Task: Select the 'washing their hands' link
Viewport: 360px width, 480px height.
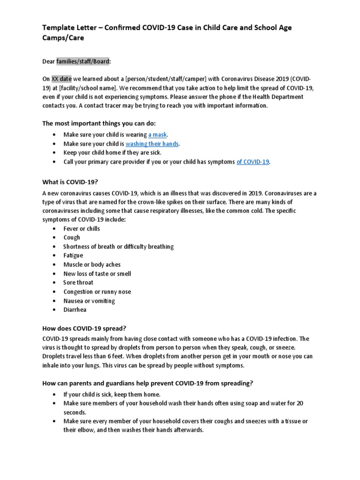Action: click(152, 144)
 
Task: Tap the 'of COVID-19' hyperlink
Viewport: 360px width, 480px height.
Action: click(253, 162)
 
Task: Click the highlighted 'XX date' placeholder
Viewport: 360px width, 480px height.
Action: click(61, 79)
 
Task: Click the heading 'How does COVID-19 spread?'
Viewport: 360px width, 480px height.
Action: click(82, 330)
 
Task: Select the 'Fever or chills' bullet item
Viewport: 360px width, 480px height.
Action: click(82, 229)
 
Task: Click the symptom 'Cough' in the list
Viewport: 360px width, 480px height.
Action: click(72, 238)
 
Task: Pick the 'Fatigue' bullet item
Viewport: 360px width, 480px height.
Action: click(73, 255)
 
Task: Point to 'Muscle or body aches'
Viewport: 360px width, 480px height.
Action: click(92, 264)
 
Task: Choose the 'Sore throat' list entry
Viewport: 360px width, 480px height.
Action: click(78, 283)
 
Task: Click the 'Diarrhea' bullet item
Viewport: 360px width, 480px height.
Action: click(75, 310)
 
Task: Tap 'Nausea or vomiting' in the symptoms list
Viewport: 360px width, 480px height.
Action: click(89, 301)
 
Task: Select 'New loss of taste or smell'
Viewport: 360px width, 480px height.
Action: click(97, 274)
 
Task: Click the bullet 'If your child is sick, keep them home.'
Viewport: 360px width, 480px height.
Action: click(112, 394)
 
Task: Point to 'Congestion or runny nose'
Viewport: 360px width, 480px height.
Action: click(97, 292)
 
